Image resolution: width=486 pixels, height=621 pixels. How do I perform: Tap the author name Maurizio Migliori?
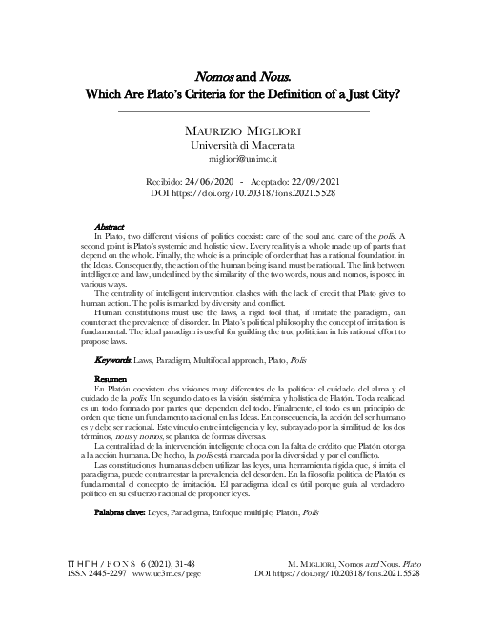(x=242, y=130)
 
